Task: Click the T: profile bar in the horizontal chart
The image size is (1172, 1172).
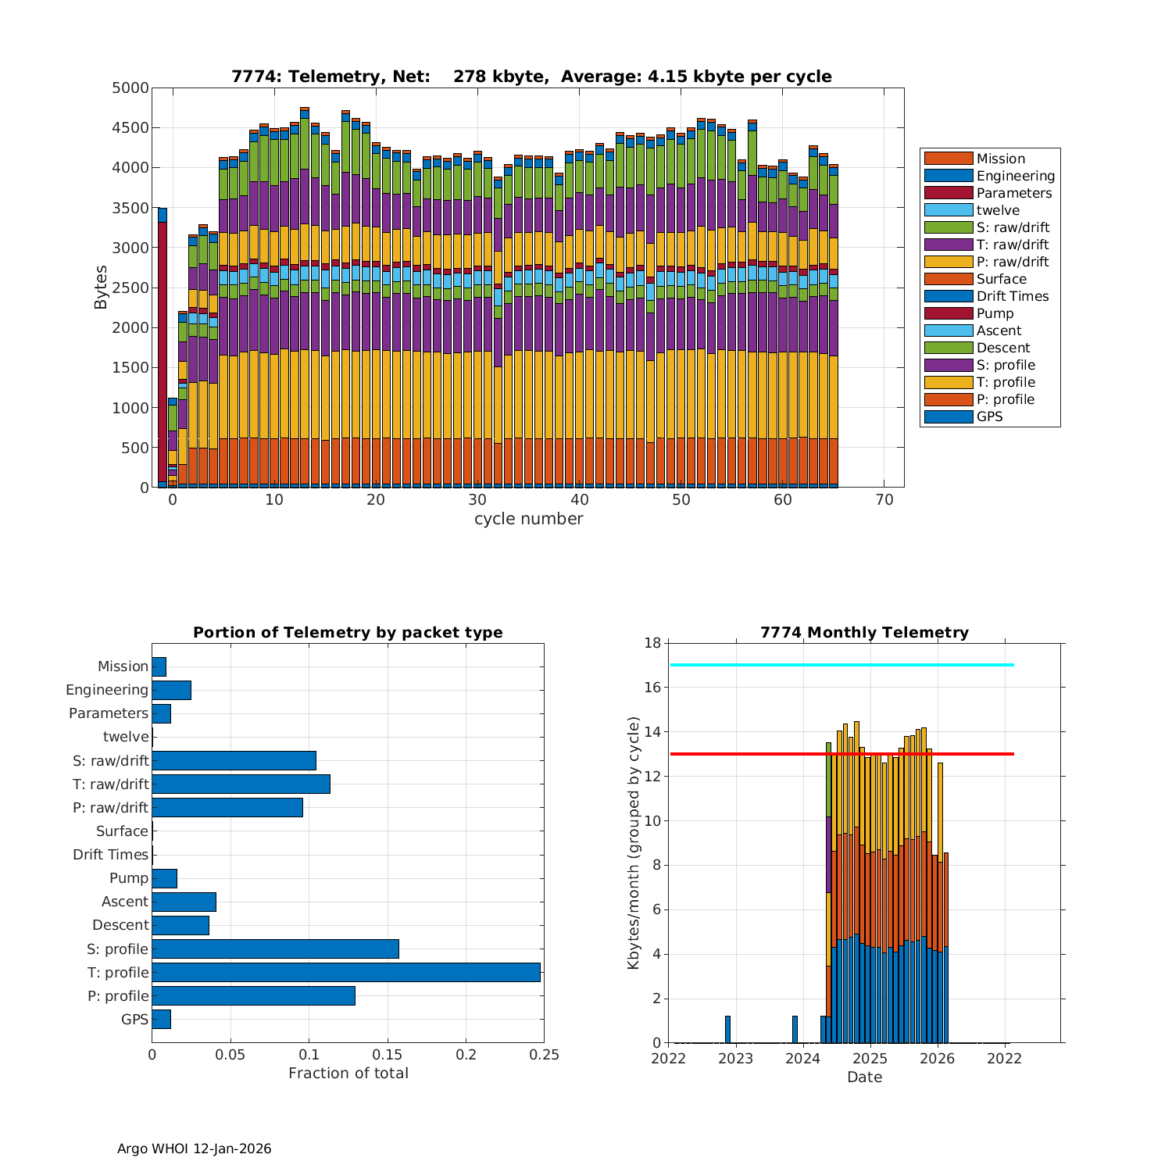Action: coord(346,972)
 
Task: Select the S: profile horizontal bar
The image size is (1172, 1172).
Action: coord(275,949)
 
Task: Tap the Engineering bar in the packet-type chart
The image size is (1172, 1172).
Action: coord(171,690)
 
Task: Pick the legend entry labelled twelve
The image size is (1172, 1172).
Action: coord(998,210)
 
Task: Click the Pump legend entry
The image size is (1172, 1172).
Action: coord(995,313)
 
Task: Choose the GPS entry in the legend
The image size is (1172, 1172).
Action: coord(989,416)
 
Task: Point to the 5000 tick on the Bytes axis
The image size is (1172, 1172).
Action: coord(130,88)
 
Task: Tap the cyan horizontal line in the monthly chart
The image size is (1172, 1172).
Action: coord(841,665)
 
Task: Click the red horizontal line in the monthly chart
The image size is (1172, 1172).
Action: coord(841,754)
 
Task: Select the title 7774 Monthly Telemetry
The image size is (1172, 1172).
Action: coord(864,633)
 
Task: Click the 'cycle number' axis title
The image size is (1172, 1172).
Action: coord(528,519)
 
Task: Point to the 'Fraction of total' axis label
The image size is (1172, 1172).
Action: coord(348,1074)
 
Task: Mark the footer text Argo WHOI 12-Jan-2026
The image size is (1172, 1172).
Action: coord(194,1149)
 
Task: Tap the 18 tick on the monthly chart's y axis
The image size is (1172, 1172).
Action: coord(652,643)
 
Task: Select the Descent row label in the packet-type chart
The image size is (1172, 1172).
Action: coord(120,925)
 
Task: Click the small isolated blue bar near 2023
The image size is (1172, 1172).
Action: coord(727,1029)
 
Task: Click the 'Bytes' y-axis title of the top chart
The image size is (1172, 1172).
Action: coord(102,288)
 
